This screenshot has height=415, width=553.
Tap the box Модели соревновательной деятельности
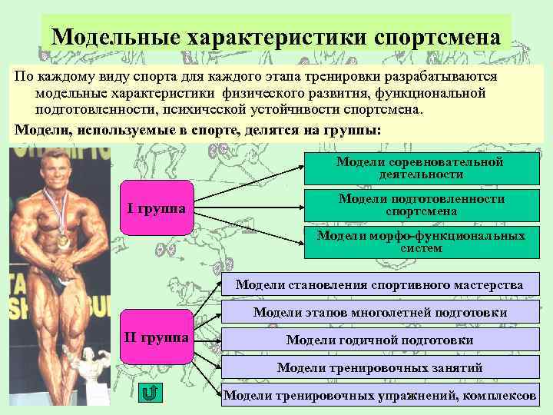[420, 168]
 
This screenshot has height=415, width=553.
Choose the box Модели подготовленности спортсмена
[421, 204]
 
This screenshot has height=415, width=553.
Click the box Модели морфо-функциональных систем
[421, 241]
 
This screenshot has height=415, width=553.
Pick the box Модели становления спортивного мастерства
[379, 284]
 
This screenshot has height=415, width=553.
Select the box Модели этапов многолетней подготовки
[379, 312]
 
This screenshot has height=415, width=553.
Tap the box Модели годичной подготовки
[379, 340]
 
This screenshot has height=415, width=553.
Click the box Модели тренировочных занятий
[379, 367]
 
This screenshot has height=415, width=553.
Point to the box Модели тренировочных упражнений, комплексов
[379, 395]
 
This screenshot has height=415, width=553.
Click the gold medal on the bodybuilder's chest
[63, 240]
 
